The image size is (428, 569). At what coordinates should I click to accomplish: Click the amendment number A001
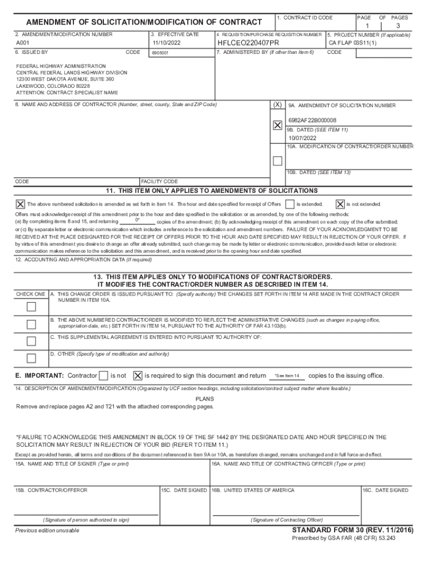tap(22, 42)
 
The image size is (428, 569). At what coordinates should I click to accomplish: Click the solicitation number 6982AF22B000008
tap(312, 120)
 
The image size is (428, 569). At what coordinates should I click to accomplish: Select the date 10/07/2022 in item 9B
tap(302, 138)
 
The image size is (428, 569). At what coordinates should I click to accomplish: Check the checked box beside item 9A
tap(277, 126)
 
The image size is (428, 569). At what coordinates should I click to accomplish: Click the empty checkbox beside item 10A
tap(277, 161)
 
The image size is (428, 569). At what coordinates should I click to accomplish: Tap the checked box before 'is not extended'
tap(340, 204)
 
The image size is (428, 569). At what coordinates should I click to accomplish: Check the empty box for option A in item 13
tap(32, 307)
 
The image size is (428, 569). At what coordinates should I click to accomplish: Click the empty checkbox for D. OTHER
tap(32, 358)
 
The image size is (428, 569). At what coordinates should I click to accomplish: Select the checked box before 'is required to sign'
tap(138, 376)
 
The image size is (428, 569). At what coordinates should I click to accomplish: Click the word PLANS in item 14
tap(205, 399)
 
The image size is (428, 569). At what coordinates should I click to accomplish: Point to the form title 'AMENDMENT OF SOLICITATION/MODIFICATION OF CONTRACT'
tap(144, 22)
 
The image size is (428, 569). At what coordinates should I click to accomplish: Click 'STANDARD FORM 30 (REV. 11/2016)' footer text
tap(352, 531)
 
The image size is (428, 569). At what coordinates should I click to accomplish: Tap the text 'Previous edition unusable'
tap(47, 531)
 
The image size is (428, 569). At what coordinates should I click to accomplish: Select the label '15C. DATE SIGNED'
tap(184, 490)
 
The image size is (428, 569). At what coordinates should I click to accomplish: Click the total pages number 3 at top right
tap(398, 26)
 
